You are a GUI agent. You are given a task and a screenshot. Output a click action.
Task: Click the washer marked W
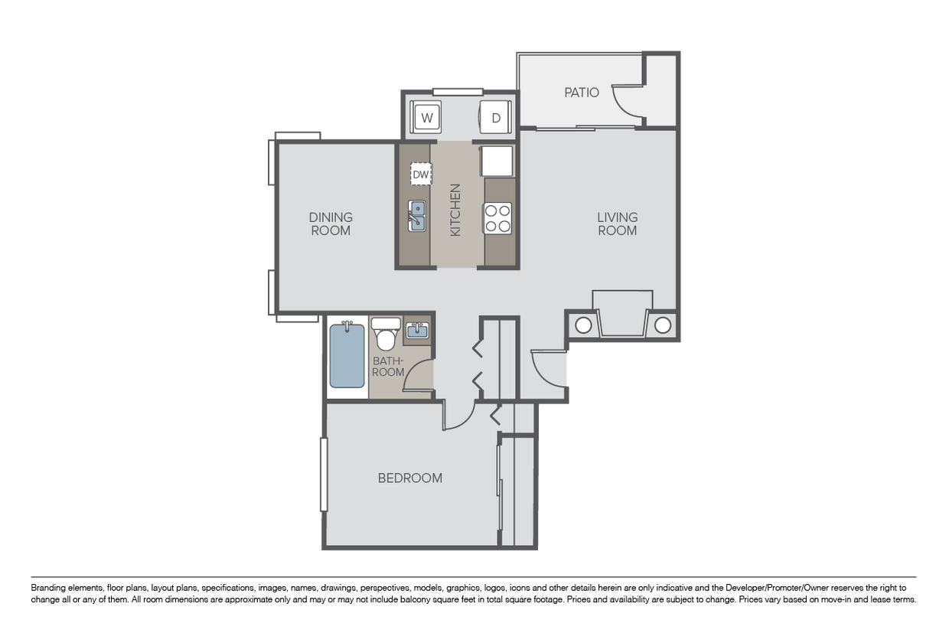427,118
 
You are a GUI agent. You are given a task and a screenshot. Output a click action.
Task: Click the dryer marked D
495,118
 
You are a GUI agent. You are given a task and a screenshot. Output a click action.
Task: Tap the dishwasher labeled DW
420,174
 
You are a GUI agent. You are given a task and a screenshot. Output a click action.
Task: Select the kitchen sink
417,215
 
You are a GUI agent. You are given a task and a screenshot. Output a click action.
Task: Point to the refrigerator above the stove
496,162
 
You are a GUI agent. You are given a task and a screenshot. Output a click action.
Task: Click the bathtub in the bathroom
347,356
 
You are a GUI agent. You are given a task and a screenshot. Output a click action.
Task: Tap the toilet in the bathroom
386,334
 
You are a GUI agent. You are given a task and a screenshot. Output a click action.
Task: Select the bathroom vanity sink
417,331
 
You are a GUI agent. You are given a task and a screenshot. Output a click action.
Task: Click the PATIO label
582,93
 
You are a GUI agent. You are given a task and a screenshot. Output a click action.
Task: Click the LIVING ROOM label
617,224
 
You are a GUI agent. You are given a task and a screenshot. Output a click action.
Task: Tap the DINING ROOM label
331,224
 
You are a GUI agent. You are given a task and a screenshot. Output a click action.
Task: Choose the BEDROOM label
410,478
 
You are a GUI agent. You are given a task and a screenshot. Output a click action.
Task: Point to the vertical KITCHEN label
455,210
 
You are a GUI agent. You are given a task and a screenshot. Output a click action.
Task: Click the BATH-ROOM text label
388,366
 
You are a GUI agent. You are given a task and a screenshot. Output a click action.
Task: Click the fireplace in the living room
622,314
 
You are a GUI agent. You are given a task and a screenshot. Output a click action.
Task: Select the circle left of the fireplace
582,325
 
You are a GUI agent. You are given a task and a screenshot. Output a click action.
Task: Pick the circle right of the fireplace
663,325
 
